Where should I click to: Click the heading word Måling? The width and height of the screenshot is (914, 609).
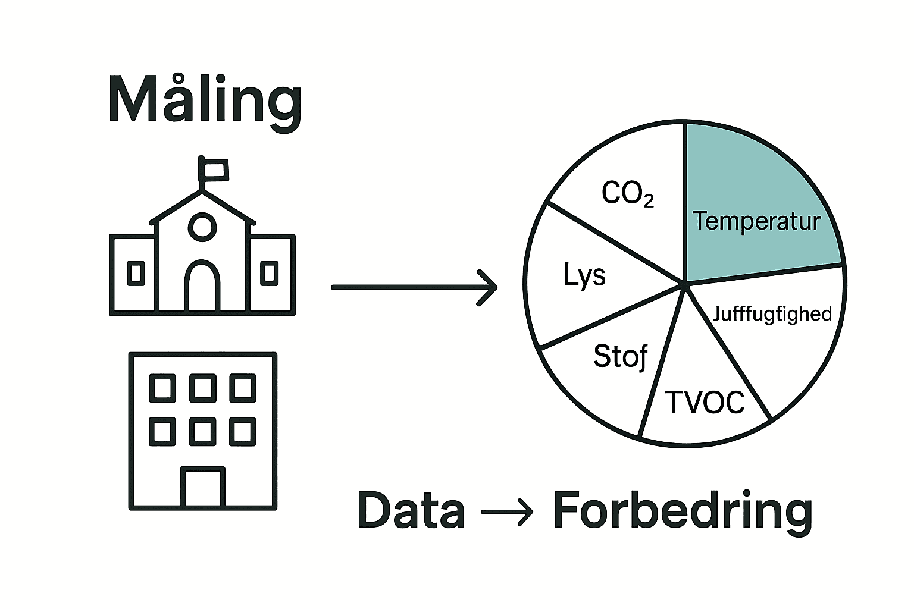click(205, 100)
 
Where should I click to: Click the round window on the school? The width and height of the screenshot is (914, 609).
click(202, 226)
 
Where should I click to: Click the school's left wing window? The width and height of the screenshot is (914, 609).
click(136, 273)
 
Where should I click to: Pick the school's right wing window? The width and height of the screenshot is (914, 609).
click(270, 273)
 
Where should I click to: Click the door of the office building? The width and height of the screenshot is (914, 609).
click(202, 486)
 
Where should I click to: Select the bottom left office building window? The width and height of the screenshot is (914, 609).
click(162, 431)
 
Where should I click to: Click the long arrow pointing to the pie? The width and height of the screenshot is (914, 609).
click(414, 287)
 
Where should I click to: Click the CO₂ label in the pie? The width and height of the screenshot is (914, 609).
click(628, 193)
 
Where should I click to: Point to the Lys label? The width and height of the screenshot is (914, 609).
click(584, 275)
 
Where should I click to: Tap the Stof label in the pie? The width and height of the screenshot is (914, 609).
click(621, 356)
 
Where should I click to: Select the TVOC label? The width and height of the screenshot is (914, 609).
click(706, 402)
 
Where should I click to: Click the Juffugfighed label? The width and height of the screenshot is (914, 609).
click(772, 313)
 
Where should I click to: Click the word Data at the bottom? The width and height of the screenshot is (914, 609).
click(411, 510)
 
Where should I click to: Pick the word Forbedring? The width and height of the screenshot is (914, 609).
click(683, 510)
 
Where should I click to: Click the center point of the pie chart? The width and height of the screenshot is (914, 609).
click(685, 284)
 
